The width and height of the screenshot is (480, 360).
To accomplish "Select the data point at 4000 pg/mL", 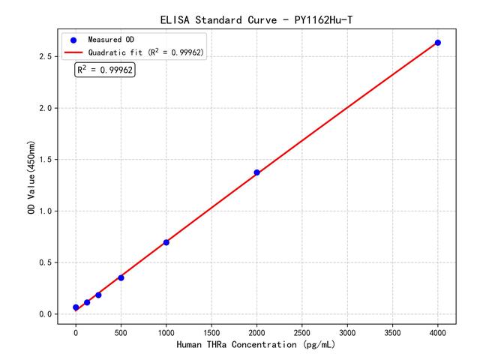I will point(438,43).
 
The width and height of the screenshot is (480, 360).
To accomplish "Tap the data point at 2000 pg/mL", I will point(256,172).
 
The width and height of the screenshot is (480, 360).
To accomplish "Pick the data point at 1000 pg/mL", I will point(166,242).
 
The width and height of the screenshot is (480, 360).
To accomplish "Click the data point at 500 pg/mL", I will point(121,277).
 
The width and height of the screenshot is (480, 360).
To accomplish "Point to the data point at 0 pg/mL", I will point(76,307).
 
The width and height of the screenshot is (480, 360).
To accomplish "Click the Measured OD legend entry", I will point(108,39).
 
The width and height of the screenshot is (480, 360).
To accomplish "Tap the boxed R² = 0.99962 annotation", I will point(105,70).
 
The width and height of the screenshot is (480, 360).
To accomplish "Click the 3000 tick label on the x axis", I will point(347,331).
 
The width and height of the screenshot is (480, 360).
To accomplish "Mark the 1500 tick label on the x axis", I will point(211,331).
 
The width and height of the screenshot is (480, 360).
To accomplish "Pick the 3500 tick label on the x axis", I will point(392,331).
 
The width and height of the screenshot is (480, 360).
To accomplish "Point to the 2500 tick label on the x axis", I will point(301,331).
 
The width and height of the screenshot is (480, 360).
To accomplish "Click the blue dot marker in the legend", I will point(73,39).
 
